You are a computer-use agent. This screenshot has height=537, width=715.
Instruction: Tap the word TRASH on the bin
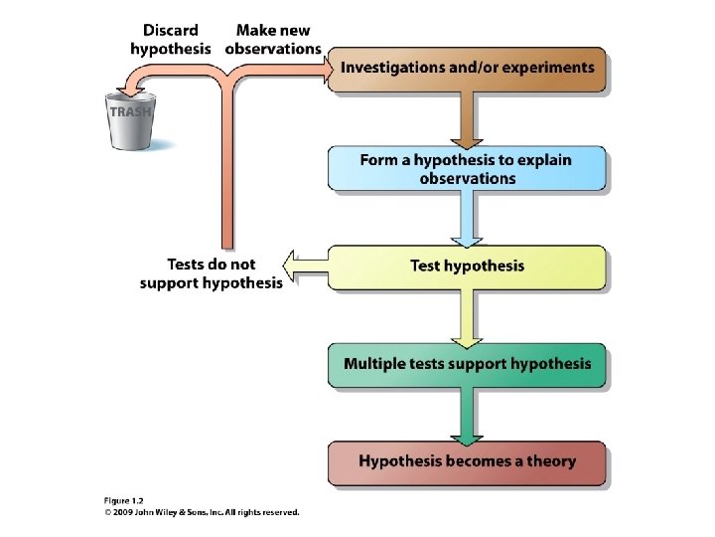130,112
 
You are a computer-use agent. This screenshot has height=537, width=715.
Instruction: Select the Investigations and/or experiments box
467,69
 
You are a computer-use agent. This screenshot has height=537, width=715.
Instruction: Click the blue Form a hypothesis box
467,169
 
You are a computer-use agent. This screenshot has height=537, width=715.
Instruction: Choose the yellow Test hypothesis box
467,267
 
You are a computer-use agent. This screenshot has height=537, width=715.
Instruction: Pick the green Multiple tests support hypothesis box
467,364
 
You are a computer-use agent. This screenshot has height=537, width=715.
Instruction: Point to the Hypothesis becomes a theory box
467,461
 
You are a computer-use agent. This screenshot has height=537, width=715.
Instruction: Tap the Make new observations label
273,39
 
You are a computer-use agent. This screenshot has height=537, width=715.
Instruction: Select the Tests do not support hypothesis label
212,273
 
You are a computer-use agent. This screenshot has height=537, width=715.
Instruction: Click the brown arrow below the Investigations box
467,119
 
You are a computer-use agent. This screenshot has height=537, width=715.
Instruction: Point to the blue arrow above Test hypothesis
467,219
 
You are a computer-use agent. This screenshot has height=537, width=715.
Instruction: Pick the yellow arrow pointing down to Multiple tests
467,316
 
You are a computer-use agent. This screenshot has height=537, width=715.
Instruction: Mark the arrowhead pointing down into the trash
122,87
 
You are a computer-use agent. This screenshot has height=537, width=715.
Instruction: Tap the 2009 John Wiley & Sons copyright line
202,513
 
